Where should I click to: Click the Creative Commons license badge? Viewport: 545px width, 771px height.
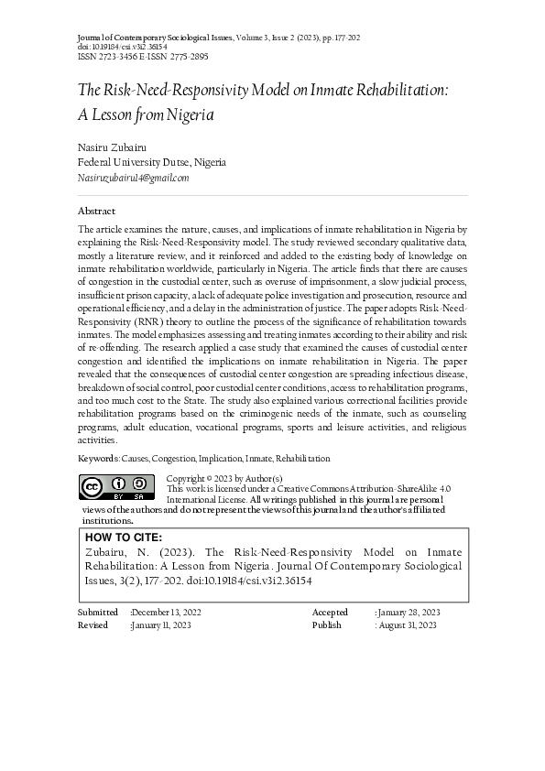point(115,489)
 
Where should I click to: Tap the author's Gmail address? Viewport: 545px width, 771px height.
point(133,178)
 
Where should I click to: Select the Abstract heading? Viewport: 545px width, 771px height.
point(96,211)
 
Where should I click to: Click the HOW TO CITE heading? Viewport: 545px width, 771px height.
point(123,538)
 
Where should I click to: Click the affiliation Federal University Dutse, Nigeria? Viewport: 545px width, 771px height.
point(151,162)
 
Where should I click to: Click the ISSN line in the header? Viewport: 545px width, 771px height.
point(144,56)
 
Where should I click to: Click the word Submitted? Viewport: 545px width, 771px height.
point(98,612)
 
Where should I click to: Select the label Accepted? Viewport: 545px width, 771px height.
point(330,612)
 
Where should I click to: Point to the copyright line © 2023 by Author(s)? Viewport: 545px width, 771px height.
point(224,479)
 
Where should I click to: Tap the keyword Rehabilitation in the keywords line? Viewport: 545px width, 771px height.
point(303,458)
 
